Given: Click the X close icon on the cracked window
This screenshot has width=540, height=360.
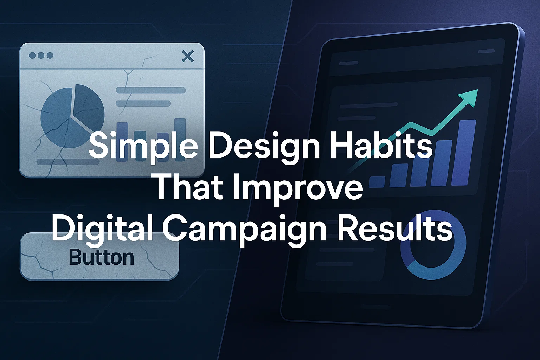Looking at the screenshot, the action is click(187, 56).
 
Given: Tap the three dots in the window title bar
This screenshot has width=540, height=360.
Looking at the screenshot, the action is click(41, 56).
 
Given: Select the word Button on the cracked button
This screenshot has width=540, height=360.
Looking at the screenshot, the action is click(102, 257).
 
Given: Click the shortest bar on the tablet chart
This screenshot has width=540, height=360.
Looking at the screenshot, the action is click(377, 182).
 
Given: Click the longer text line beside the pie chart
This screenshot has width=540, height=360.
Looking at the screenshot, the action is click(151, 90).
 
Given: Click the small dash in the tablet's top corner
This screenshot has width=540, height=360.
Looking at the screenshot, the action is click(486, 51).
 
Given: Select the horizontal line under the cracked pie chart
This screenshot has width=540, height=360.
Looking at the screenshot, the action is click(68, 162).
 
